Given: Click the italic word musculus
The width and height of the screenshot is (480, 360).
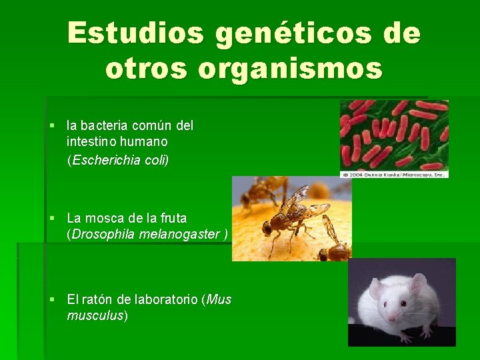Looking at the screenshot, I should pyautogui.click(x=96, y=315).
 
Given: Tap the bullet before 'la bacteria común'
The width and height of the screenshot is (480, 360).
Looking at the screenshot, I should pyautogui.click(x=51, y=126).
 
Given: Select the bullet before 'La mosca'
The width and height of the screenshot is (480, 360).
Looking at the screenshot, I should pyautogui.click(x=51, y=218).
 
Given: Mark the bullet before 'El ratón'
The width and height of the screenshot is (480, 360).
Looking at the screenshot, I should pyautogui.click(x=51, y=300).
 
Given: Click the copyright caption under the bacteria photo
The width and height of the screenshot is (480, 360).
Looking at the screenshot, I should pyautogui.click(x=394, y=174).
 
